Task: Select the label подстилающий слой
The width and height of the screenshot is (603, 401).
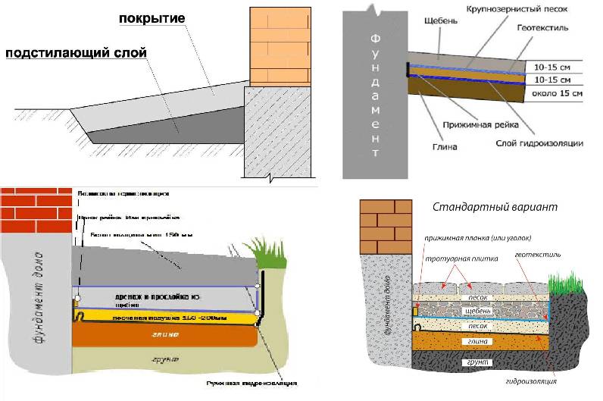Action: coord(76,54)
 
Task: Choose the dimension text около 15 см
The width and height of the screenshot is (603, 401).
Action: coord(560,92)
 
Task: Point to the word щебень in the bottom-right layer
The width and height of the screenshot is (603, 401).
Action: coord(478,311)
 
